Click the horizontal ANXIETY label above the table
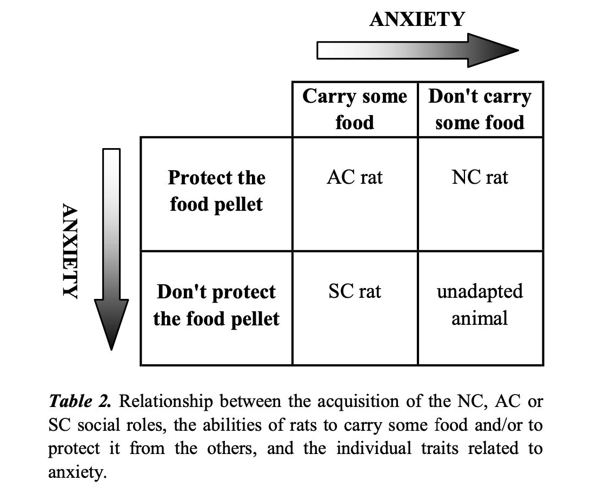coord(417,19)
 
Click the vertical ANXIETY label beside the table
coord(70,251)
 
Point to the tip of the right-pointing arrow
coord(519,50)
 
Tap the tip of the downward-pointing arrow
coord(111,350)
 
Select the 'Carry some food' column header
coord(355,109)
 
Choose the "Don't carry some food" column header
coord(480,109)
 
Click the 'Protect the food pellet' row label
coord(216,191)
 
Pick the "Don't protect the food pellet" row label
coord(216,305)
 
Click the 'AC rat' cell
coord(355,177)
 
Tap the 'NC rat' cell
coord(480,177)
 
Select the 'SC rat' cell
coord(355,292)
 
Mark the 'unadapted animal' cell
coord(480,305)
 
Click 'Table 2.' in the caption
coord(80,401)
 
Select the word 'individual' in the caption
coord(374,449)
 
